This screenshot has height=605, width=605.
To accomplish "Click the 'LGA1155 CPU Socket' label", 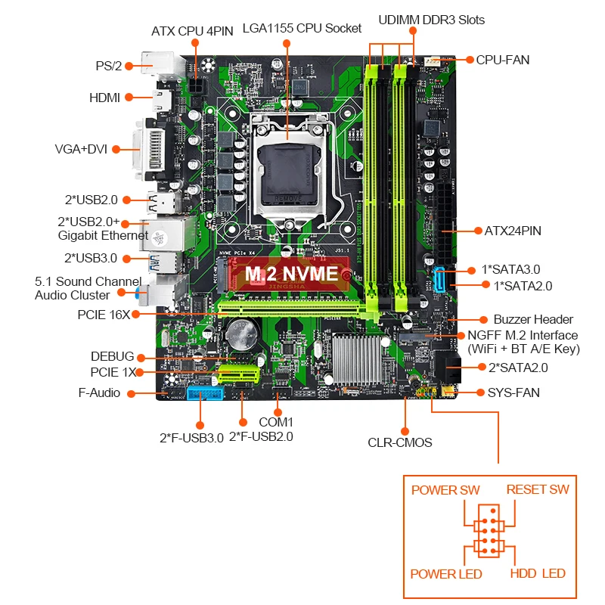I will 302,29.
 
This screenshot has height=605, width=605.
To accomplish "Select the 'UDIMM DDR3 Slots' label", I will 433,19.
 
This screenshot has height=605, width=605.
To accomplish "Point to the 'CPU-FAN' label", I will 503,59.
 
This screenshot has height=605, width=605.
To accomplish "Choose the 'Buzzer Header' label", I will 533,319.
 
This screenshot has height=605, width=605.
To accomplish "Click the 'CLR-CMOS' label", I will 400,442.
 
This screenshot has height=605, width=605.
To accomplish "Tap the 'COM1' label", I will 275,421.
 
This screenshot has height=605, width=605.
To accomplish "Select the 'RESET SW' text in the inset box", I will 538,489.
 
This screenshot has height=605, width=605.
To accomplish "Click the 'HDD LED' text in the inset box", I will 538,573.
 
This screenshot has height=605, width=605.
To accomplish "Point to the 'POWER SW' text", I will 445,489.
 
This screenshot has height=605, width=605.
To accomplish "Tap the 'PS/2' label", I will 109,66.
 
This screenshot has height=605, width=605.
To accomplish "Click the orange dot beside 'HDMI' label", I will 129,97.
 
